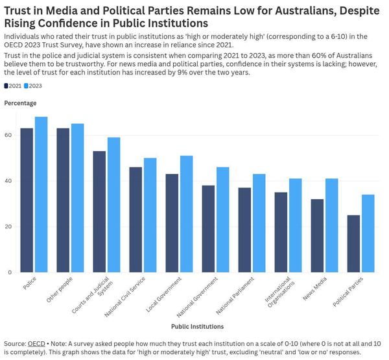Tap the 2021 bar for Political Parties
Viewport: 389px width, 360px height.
pyautogui.click(x=353, y=243)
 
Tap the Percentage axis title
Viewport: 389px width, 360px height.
pyautogui.click(x=20, y=103)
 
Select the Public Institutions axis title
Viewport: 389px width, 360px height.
pyautogui.click(x=198, y=326)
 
